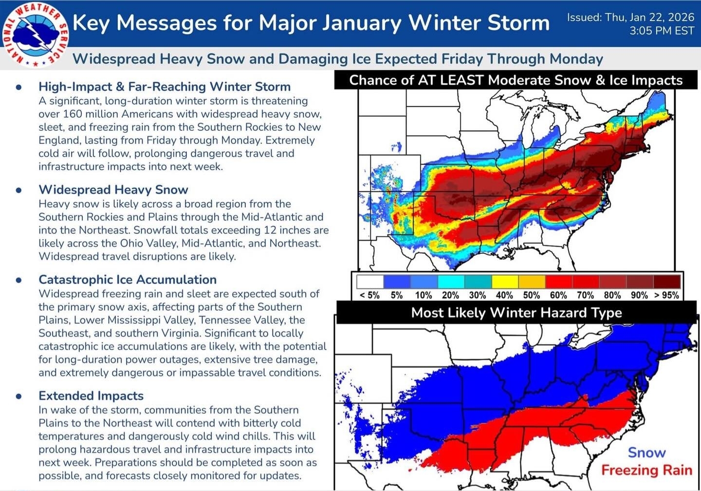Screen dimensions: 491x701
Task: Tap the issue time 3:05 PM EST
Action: click(662, 31)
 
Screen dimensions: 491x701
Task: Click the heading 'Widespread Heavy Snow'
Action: click(113, 190)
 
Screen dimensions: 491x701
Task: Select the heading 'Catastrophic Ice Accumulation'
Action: click(128, 280)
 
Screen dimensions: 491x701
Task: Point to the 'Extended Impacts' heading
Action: click(91, 396)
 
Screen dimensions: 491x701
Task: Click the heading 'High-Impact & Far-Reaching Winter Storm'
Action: click(165, 87)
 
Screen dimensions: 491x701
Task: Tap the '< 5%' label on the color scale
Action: click(369, 295)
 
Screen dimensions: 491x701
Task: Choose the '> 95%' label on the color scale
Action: click(666, 295)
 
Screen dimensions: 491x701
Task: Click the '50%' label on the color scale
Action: click(531, 295)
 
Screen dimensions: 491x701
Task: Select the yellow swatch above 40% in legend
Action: click(505, 282)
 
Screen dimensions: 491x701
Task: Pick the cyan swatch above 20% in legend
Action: click(451, 282)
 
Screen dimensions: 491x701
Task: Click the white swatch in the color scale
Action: click(370, 282)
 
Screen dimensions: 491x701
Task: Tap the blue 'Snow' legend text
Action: click(646, 453)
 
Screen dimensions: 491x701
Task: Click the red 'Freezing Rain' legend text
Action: click(646, 470)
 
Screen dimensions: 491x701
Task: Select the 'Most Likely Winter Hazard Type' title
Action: click(516, 313)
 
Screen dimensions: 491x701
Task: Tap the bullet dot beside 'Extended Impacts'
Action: click(18, 396)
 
